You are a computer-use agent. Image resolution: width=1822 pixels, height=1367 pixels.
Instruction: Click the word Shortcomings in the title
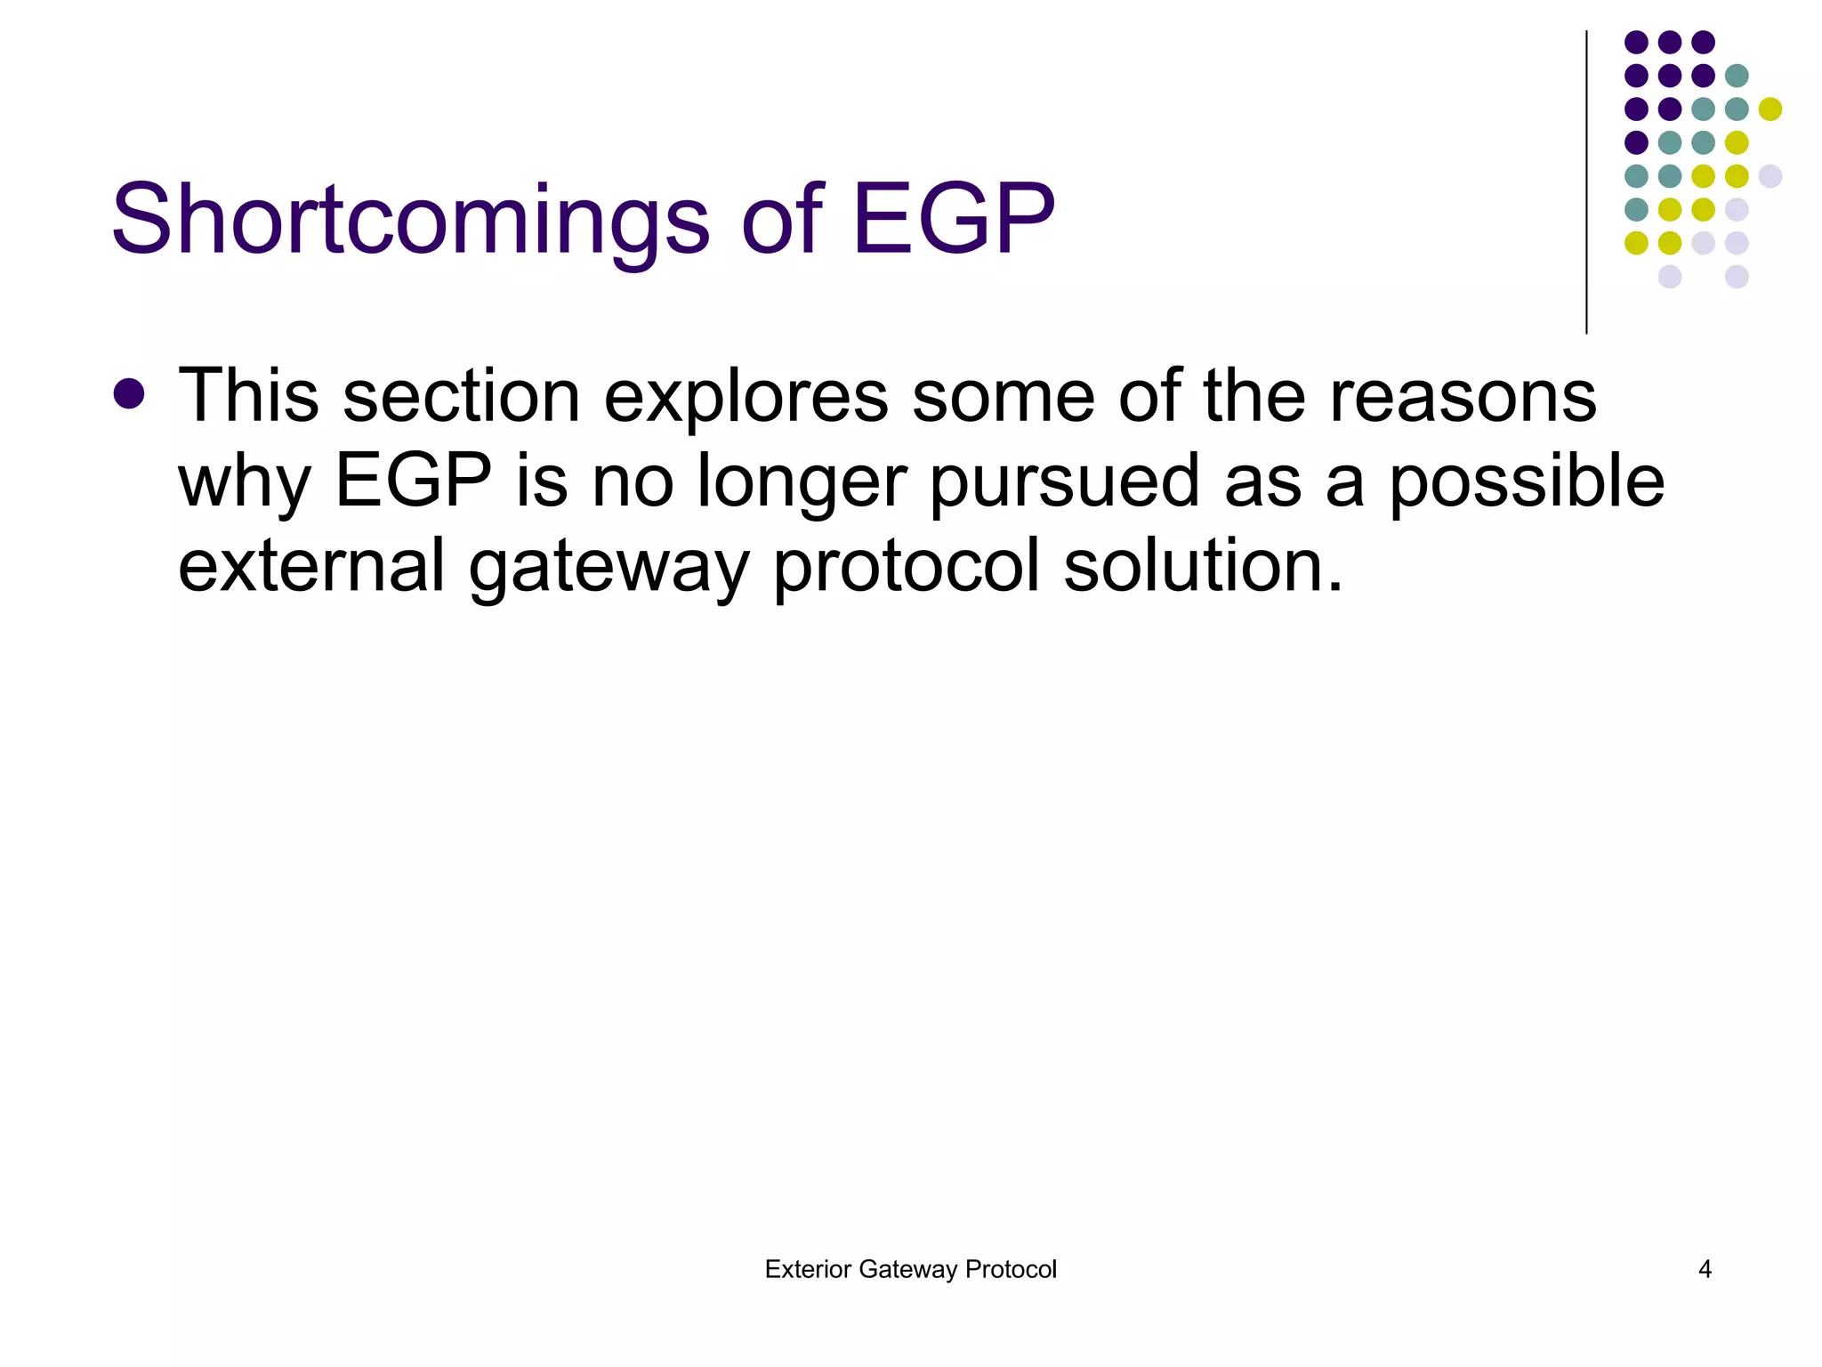coord(409,219)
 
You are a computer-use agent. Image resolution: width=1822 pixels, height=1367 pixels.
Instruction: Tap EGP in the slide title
coord(953,219)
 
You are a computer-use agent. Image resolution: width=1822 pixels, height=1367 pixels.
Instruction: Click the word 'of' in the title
coord(780,219)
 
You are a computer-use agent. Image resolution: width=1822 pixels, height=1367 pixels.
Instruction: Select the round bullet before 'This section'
coord(130,394)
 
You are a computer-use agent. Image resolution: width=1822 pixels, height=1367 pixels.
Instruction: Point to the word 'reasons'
coord(1463,396)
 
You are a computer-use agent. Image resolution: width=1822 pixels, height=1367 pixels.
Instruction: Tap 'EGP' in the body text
coord(413,481)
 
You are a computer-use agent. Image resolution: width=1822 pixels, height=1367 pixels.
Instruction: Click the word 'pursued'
coord(1064,482)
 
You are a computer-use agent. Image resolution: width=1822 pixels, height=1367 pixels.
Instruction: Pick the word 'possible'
coord(1526,481)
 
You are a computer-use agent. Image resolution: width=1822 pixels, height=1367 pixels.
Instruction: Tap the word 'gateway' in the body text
coord(609,568)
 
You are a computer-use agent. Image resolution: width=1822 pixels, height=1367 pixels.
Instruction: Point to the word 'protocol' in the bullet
coord(906,568)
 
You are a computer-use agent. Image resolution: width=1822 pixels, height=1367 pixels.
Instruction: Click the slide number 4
coord(1705,1269)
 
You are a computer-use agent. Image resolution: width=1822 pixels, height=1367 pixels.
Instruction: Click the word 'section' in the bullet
coord(461,396)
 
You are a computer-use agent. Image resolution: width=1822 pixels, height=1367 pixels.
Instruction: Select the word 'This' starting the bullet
coord(248,396)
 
